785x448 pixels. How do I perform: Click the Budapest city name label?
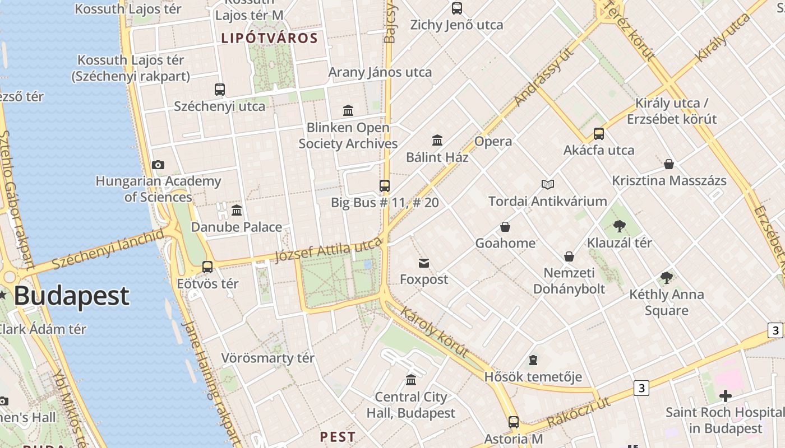(x=71, y=296)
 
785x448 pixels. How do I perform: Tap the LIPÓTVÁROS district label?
(x=270, y=39)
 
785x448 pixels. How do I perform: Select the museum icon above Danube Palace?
(x=237, y=211)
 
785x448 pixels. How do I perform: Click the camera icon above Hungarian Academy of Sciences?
(x=158, y=165)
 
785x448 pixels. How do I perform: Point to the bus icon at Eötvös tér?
(x=207, y=267)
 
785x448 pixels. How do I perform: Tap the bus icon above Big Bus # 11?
(x=385, y=185)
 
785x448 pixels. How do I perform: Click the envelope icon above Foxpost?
(x=424, y=263)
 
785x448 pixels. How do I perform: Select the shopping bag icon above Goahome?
(x=505, y=227)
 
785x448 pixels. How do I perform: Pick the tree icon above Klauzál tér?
(x=620, y=226)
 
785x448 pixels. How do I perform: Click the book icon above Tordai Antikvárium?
(x=548, y=184)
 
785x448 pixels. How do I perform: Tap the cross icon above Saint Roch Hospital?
(x=726, y=396)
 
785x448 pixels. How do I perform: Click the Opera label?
(x=493, y=141)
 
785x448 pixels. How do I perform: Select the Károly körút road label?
(x=435, y=332)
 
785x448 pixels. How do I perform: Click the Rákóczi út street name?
(x=579, y=413)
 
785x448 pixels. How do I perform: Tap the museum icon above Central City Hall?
(x=411, y=380)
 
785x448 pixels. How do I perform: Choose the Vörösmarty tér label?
(x=268, y=358)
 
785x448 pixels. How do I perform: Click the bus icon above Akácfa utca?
(x=599, y=134)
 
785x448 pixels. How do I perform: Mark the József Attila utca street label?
(x=329, y=250)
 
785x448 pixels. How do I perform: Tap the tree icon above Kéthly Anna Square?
(x=666, y=277)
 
